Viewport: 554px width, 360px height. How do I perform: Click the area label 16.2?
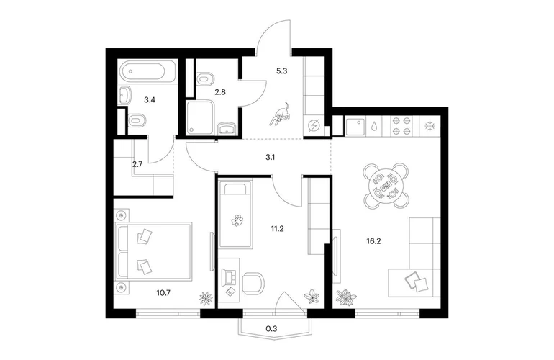[374, 241]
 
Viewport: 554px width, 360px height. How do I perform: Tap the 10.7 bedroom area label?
[163, 293]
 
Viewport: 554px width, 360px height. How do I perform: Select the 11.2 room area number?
[277, 229]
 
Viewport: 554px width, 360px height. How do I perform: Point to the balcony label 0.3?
[271, 329]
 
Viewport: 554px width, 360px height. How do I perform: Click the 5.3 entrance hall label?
[281, 71]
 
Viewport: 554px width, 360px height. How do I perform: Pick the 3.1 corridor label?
[271, 157]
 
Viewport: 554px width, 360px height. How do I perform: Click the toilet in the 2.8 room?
[205, 78]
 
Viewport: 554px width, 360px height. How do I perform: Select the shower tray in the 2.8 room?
[199, 118]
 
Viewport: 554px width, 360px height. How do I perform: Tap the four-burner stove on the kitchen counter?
[401, 126]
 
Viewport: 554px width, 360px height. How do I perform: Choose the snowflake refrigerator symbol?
[430, 126]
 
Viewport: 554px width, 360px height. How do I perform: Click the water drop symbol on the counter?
[375, 126]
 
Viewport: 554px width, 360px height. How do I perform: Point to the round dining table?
[386, 185]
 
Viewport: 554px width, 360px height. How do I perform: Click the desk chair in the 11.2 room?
[254, 283]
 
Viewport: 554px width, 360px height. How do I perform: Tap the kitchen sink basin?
[355, 127]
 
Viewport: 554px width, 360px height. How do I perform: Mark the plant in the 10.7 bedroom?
[206, 298]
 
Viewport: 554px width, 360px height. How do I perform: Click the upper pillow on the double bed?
[145, 236]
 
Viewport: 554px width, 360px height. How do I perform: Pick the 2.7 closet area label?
[137, 164]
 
